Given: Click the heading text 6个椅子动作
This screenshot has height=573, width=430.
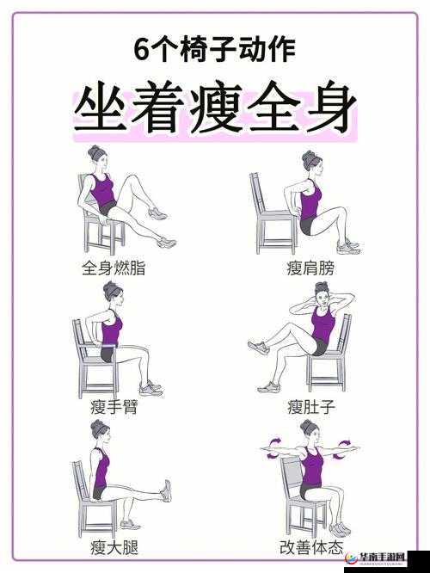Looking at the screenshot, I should [x=215, y=50].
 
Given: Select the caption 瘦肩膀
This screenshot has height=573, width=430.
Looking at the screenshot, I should [x=310, y=268].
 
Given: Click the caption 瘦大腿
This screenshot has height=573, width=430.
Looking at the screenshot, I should [x=113, y=546].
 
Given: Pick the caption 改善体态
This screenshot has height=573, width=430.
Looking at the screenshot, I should [x=310, y=546].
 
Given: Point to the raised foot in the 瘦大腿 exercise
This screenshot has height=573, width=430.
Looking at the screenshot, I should [x=165, y=490].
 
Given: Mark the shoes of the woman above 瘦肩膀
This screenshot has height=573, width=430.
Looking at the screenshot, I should [x=347, y=248].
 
